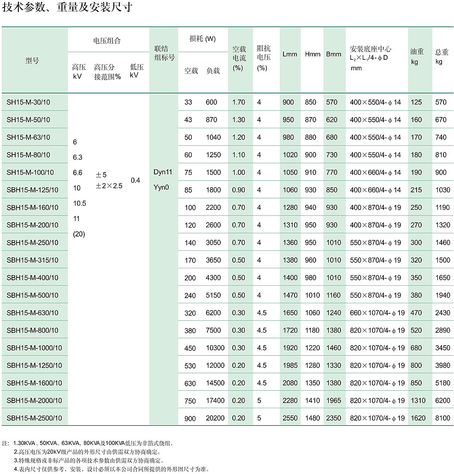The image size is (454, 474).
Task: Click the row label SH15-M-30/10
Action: (x=28, y=102)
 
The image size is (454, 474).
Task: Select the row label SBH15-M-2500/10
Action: (x=34, y=418)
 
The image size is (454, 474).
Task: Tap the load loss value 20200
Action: (x=215, y=418)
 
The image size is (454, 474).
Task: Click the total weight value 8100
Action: (x=442, y=418)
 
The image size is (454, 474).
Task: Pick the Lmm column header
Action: (x=290, y=54)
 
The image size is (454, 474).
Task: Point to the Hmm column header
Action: (x=312, y=54)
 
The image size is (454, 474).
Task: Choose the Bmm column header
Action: (x=334, y=54)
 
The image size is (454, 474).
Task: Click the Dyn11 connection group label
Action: (x=163, y=172)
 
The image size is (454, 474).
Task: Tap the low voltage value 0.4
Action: (x=136, y=180)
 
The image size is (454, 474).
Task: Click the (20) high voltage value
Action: (x=79, y=234)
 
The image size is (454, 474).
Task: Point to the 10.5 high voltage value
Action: (x=80, y=203)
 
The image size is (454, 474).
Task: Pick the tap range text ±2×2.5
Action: (x=109, y=186)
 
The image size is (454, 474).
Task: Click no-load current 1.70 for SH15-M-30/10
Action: (x=239, y=102)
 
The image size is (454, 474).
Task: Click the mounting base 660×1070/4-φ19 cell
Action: (x=377, y=313)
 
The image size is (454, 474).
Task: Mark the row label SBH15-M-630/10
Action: (x=32, y=313)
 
